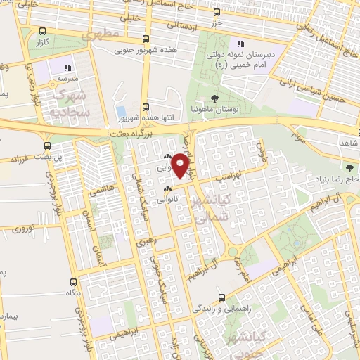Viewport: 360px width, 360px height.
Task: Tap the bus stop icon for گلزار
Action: tap(44, 31)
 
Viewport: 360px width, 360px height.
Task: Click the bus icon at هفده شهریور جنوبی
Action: tap(145, 39)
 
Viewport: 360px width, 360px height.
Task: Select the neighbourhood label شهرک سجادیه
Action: tap(68, 102)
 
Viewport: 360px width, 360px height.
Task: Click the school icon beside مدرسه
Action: tap(67, 67)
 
